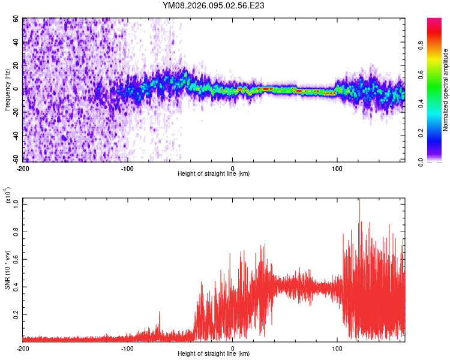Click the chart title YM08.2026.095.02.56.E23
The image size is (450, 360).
pyautogui.click(x=214, y=5)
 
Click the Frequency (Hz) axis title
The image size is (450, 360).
pyautogui.click(x=7, y=90)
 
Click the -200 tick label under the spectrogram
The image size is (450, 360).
pyautogui.click(x=23, y=169)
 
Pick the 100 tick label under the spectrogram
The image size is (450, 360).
pyautogui.click(x=337, y=169)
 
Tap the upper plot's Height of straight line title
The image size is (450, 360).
pyautogui.click(x=214, y=174)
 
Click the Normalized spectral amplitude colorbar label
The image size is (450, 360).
pyautogui.click(x=445, y=90)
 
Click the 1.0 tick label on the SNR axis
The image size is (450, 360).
pyautogui.click(x=16, y=203)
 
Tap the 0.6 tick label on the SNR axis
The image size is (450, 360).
pyautogui.click(x=16, y=259)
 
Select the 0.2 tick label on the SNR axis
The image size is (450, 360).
pyautogui.click(x=16, y=314)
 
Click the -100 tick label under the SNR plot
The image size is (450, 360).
pyautogui.click(x=128, y=349)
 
